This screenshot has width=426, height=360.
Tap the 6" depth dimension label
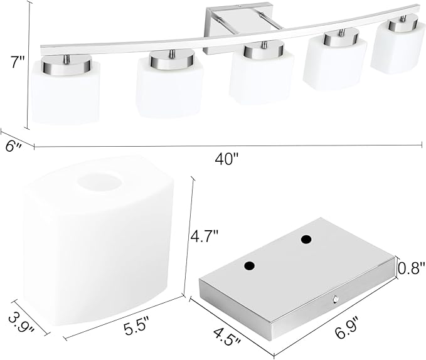pos(14,147)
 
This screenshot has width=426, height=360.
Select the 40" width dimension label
pos(226,159)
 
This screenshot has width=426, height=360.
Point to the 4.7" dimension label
pos(205,236)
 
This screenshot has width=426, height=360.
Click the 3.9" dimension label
pos(21,322)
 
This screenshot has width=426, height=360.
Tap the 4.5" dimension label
pos(227,337)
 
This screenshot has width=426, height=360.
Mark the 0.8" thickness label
pos(411,268)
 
